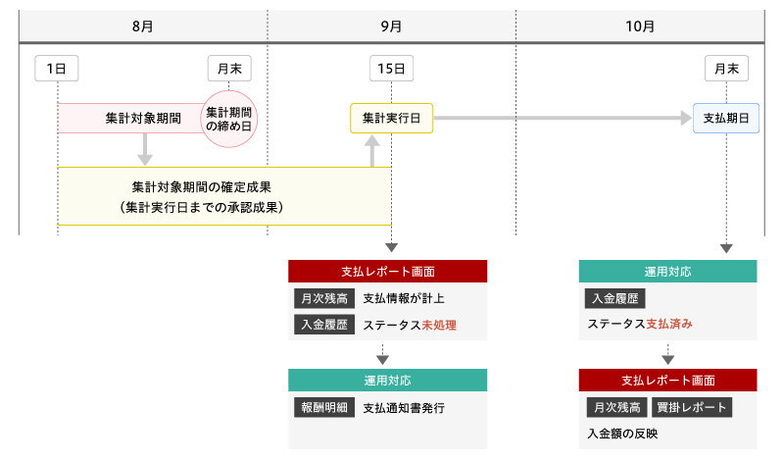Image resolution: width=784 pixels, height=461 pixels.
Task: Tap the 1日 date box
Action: [57, 68]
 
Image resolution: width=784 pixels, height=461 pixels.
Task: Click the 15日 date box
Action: [391, 68]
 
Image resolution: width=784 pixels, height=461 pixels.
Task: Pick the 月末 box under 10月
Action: [726, 68]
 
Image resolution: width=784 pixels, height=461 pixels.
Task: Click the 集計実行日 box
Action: [391, 118]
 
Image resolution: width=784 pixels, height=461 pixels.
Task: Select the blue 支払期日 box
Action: [726, 118]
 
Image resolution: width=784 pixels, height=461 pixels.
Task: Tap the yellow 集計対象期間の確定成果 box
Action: [224, 195]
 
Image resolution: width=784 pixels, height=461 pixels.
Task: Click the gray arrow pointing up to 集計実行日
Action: [372, 151]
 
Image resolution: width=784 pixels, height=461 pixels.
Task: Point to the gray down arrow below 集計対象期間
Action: [145, 149]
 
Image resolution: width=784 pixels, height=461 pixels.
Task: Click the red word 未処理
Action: [440, 325]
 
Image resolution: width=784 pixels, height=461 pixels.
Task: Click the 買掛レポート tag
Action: [692, 407]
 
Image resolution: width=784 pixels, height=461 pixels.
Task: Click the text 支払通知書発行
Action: [404, 407]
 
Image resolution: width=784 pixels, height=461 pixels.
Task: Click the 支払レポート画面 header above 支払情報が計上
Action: [387, 272]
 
